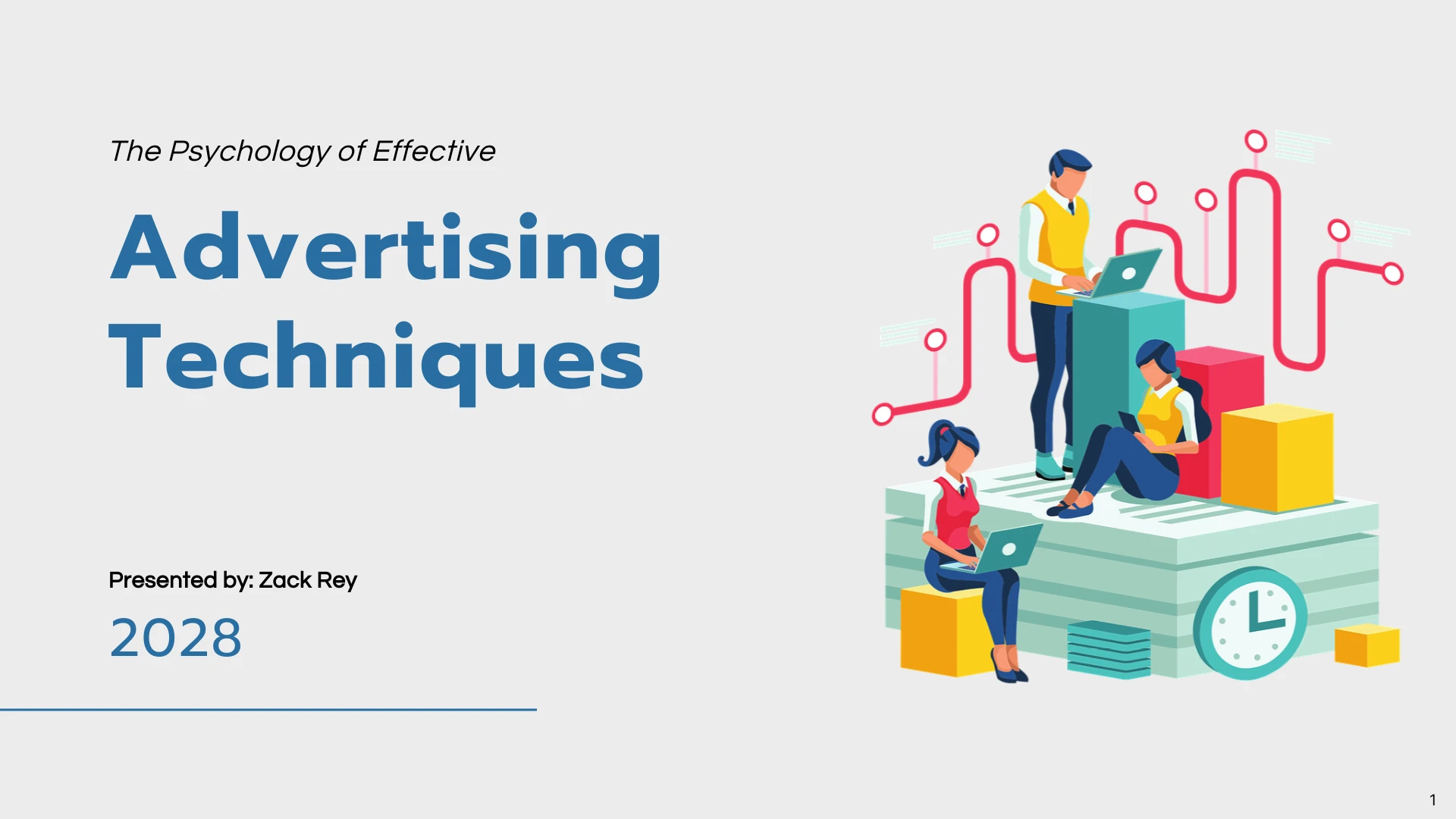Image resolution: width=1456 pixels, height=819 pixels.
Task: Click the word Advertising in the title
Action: tap(386, 253)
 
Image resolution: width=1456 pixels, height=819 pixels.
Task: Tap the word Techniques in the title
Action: tap(377, 362)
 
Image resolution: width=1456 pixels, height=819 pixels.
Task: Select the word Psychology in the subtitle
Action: tap(249, 152)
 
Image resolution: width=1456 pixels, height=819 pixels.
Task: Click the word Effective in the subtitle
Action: tap(434, 151)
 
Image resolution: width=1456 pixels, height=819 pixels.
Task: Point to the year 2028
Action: tap(176, 638)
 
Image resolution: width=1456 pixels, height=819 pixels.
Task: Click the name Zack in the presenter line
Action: tap(285, 580)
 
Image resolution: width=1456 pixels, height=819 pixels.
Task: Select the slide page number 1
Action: tap(1432, 800)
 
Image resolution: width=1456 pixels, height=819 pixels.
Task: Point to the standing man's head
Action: tap(1068, 174)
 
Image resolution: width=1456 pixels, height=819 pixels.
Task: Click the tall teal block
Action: tap(1128, 379)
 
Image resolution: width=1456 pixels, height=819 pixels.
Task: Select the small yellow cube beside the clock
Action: tap(1367, 645)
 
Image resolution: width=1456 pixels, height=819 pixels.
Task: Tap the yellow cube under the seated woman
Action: tap(944, 631)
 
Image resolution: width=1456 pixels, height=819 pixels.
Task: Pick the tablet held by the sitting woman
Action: tap(1131, 422)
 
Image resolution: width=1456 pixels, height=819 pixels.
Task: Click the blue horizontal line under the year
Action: tap(268, 710)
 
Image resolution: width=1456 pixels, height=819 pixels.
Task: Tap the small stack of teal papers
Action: tap(1109, 649)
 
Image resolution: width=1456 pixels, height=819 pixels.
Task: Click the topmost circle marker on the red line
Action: tap(1256, 141)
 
